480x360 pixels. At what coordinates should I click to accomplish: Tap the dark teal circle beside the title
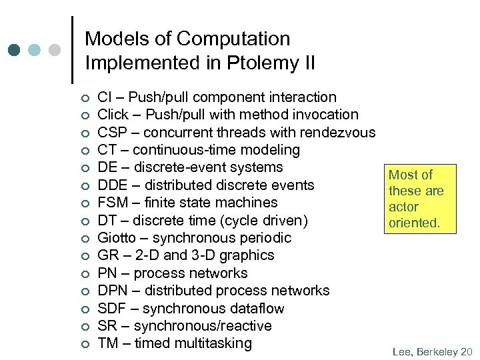pyautogui.click(x=15, y=50)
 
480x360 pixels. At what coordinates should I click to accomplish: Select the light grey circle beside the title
pyautogui.click(x=55, y=50)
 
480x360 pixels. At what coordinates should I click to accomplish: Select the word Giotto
pyautogui.click(x=119, y=238)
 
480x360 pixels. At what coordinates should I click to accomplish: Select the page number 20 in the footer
pyautogui.click(x=466, y=351)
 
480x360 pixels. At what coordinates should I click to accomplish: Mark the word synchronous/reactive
pyautogui.click(x=203, y=326)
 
